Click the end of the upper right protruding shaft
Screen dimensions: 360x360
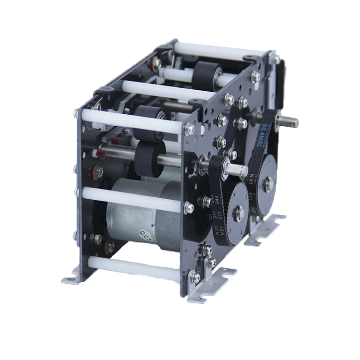(293, 122)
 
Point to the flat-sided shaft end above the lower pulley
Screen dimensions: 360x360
(239, 170)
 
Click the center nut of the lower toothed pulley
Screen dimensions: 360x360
(239, 214)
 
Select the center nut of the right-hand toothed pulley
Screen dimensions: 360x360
(269, 183)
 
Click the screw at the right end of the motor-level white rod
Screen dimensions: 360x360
(189, 207)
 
